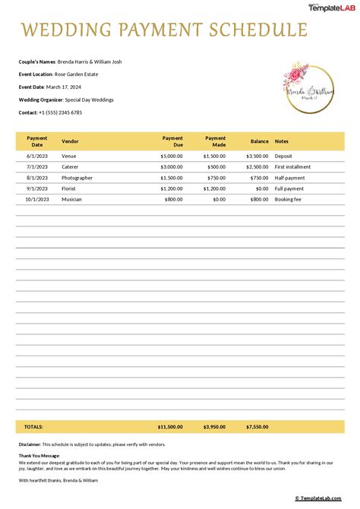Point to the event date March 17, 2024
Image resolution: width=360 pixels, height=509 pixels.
pos(69,87)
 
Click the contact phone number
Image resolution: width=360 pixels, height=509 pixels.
pos(60,112)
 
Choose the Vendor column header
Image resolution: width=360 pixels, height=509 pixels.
pos(70,141)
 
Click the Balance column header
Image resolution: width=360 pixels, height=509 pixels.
pos(259,141)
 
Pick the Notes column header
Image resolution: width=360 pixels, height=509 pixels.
pos(282,141)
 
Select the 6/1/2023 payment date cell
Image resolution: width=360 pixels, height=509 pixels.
pos(36,156)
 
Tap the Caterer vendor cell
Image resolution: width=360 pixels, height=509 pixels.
pos(71,166)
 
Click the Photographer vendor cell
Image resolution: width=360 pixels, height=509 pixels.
pos(77,178)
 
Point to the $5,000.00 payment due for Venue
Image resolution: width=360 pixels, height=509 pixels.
pos(172,156)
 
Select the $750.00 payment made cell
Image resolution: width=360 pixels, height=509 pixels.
pos(215,178)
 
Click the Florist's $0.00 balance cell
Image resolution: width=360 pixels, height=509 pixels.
pos(262,188)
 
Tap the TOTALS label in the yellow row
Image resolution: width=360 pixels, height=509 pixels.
pos(33,427)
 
